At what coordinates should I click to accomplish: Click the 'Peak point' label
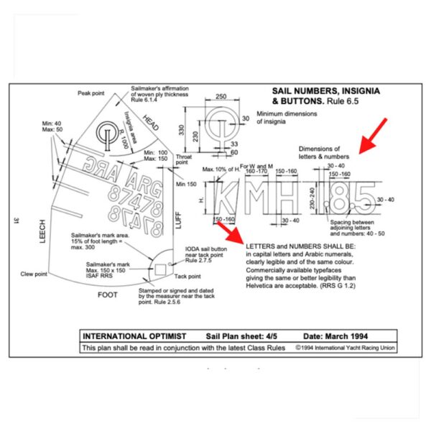92,93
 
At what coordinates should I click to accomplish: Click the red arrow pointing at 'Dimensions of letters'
373,136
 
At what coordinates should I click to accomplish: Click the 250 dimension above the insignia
221,96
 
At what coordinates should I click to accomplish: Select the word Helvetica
265,286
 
